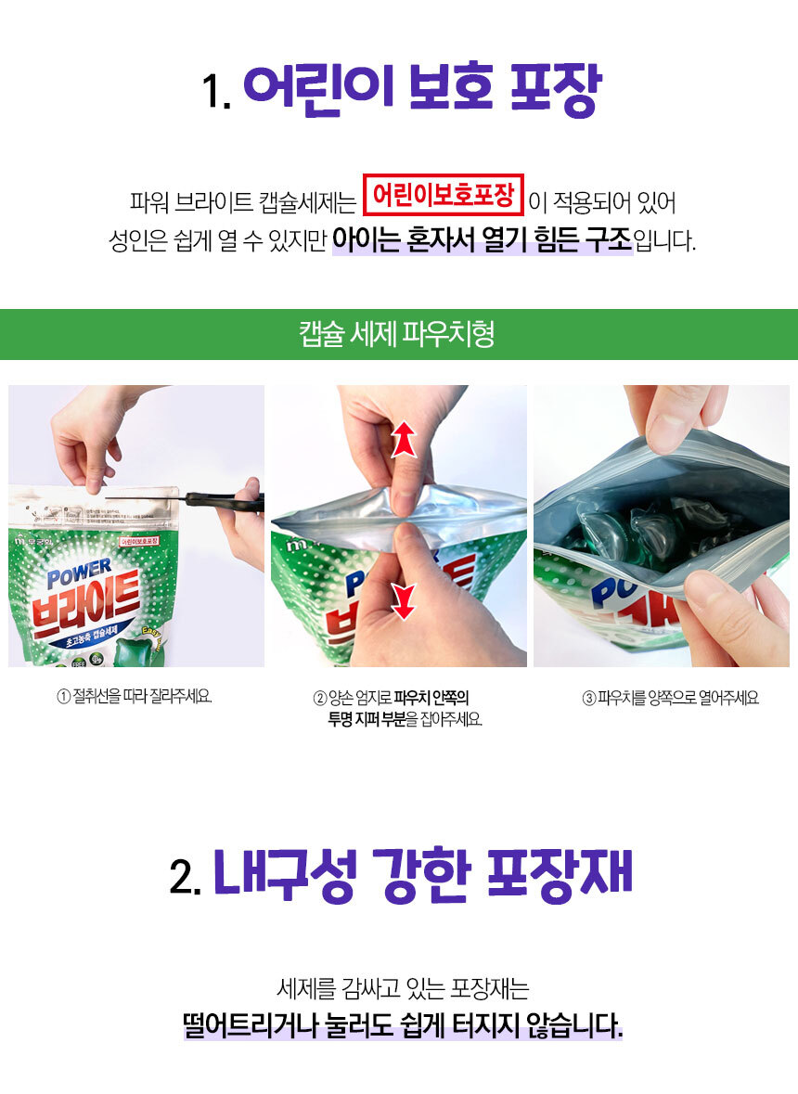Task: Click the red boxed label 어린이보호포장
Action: [x=443, y=195]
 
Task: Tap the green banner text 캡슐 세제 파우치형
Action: [x=397, y=333]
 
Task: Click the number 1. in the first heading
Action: [x=216, y=91]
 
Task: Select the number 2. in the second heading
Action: [x=186, y=876]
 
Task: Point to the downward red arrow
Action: [x=404, y=600]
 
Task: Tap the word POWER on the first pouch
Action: [x=80, y=573]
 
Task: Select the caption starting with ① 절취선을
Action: [x=135, y=696]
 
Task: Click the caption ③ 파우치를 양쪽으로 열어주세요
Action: [x=670, y=698]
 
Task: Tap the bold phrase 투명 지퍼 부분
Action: [x=367, y=718]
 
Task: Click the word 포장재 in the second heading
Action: [x=558, y=873]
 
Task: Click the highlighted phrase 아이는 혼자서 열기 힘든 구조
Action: [x=482, y=240]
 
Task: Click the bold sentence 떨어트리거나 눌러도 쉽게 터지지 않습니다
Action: [x=403, y=1025]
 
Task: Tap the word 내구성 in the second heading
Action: [x=285, y=873]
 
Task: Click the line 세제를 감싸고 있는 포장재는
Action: [x=403, y=988]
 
